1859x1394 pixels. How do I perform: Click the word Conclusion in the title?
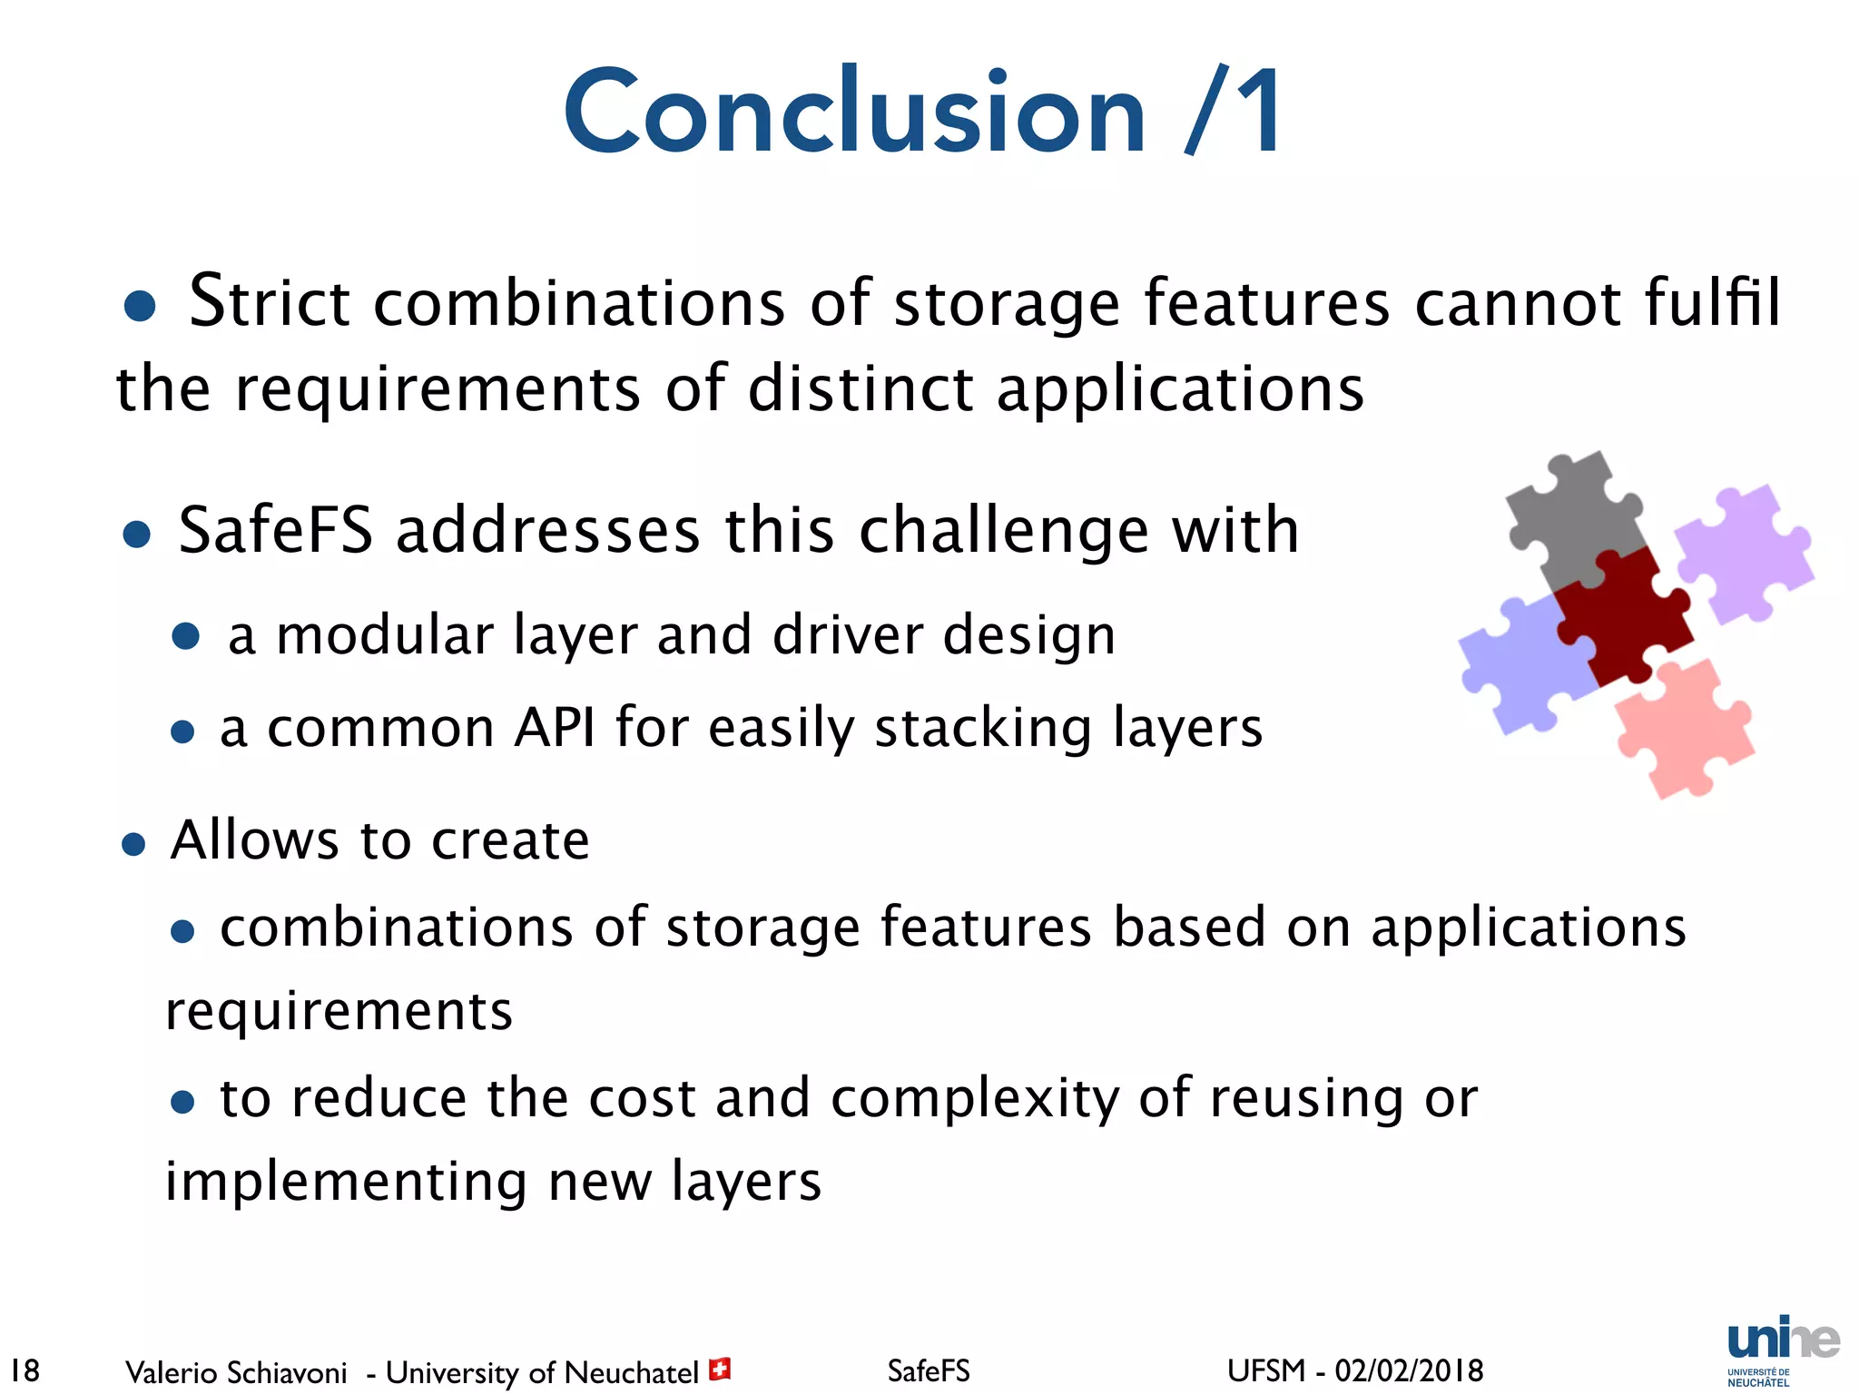coord(853,113)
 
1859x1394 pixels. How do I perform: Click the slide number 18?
coord(25,1369)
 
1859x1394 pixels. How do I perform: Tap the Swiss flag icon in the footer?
coord(720,1369)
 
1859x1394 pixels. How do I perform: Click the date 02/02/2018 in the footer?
coord(1409,1370)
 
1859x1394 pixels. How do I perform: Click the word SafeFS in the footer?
coord(929,1370)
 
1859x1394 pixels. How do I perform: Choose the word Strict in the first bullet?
coord(270,301)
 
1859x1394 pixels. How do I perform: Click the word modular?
coord(384,634)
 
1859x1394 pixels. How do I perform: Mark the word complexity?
coord(976,1099)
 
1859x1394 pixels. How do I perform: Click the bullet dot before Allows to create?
coord(133,845)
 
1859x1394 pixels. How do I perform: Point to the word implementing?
coord(346,1182)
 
